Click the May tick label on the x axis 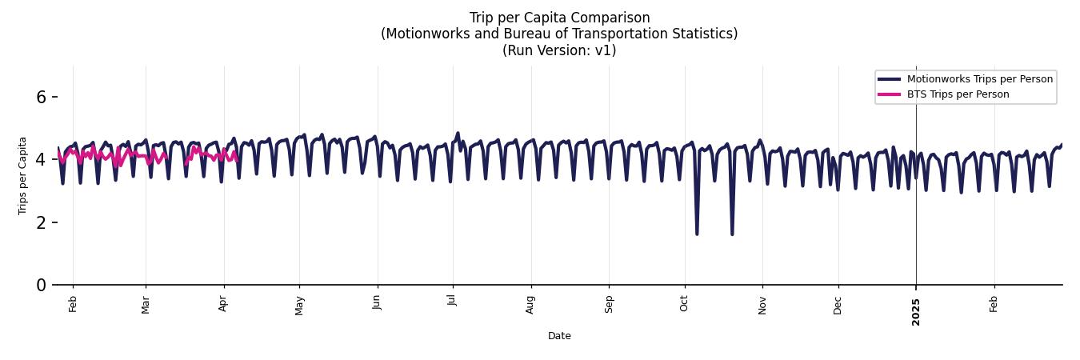(300, 305)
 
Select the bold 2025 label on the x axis (916, 307)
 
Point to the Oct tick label (684, 304)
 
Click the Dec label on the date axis (838, 305)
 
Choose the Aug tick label (530, 304)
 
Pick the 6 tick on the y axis (42, 97)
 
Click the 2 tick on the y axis (42, 222)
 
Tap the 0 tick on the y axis (42, 285)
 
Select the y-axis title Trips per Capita (22, 175)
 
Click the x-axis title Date (559, 336)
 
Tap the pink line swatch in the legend (889, 94)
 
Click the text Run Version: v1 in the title (559, 50)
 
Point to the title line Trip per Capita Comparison (559, 18)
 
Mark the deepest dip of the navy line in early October (697, 233)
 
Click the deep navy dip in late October (732, 234)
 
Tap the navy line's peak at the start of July (458, 134)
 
